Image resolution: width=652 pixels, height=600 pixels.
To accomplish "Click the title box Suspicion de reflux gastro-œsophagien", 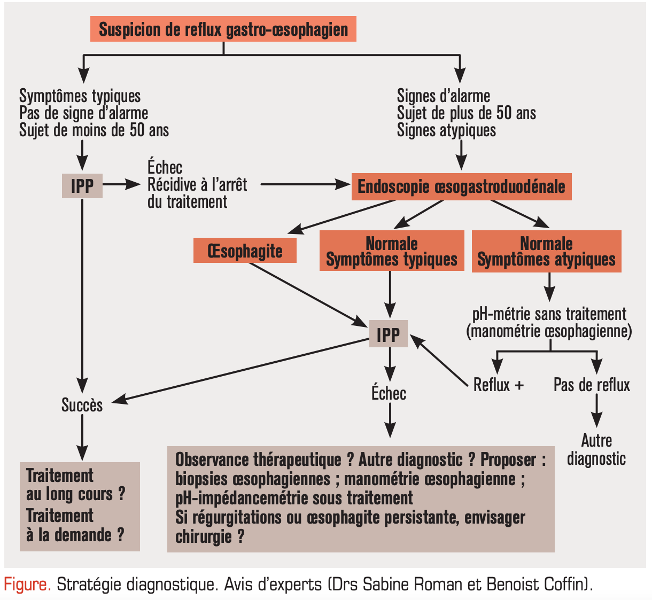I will pos(223,29).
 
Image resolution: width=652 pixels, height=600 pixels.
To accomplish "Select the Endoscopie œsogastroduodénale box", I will pos(461,186).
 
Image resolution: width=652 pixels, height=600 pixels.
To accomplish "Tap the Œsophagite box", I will pos(245,251).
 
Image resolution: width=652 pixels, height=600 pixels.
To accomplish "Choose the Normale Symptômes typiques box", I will pos(392,251).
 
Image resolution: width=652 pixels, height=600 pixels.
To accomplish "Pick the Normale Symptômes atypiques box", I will pos(546,251).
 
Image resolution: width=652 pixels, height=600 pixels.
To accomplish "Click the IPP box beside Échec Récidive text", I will pos(82,185).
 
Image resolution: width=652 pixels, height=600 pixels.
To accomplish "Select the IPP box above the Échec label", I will pos(388,334).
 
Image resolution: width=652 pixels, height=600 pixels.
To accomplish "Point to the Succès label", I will pos(82,405).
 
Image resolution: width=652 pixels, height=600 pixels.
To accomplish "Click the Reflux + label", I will pos(498,385).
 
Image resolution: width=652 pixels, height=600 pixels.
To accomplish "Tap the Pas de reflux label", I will pos(592,385).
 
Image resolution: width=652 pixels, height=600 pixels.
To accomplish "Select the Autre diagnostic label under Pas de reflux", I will pos(596,449).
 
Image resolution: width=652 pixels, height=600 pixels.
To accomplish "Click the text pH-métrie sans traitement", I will pos(549,314).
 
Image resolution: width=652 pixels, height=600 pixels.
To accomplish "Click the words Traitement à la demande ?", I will pos(75,525).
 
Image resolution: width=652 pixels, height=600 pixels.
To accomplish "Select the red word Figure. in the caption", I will pos(27,584).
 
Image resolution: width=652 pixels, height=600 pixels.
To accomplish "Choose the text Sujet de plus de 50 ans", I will pos(466,113).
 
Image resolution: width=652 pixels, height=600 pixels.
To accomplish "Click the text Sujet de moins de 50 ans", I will pos(94,130).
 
